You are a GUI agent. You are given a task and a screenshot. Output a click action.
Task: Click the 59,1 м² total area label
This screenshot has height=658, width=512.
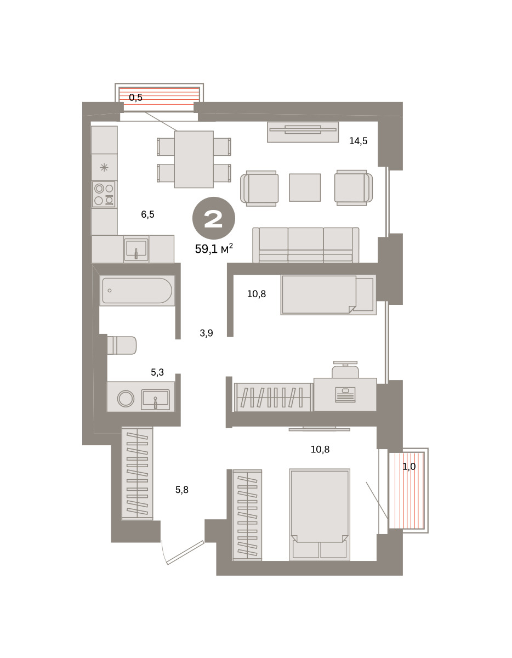click(214, 248)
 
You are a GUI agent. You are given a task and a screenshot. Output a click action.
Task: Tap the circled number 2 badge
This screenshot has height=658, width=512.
click(214, 218)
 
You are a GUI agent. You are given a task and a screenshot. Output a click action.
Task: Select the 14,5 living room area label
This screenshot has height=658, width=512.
click(359, 141)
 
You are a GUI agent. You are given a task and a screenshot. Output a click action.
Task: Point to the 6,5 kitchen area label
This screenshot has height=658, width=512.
click(147, 214)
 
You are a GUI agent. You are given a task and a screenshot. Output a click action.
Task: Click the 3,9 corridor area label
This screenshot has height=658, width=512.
click(206, 333)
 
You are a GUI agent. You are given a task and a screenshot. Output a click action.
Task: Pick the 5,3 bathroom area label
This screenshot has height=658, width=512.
click(157, 372)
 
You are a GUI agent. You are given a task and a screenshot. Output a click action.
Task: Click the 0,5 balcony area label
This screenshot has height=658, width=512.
click(135, 98)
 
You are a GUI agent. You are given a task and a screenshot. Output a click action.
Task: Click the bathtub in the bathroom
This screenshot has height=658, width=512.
click(138, 291)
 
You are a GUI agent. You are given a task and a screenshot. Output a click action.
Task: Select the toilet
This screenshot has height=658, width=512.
click(122, 345)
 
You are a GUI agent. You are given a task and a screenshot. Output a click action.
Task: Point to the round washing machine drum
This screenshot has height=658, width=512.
click(126, 399)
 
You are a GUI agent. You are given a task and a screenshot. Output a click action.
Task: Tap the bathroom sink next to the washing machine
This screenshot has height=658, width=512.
click(155, 399)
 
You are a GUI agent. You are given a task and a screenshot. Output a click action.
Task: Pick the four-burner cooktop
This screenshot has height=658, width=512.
click(104, 195)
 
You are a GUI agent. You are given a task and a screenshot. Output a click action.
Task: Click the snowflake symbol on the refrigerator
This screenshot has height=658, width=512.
click(104, 167)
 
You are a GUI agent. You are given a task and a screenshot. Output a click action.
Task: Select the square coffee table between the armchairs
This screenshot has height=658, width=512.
click(305, 188)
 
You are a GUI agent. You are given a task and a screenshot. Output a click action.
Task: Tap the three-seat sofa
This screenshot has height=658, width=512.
click(306, 245)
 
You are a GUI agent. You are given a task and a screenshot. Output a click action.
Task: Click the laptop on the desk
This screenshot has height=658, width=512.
click(345, 395)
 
